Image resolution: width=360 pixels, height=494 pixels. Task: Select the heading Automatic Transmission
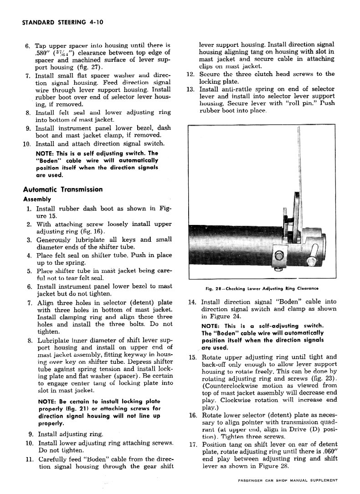pos(62,189)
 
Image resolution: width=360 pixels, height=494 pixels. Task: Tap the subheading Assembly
pos(37,199)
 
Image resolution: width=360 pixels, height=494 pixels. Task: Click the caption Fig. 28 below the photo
pos(261,288)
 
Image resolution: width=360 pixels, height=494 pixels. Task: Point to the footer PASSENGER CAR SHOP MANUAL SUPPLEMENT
pos(288,480)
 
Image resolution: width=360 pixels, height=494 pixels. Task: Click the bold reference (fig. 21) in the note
pos(75,408)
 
